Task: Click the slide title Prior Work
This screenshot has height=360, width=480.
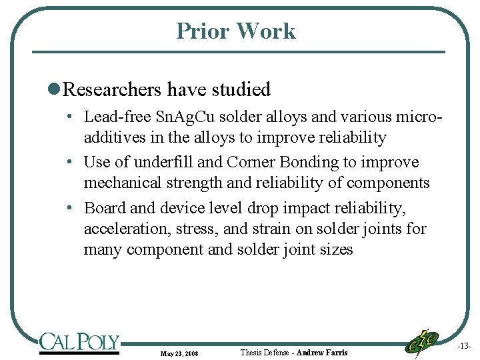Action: pos(236,31)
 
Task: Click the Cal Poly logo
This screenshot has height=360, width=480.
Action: pos(79,342)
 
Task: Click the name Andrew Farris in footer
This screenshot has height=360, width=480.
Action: pos(322,352)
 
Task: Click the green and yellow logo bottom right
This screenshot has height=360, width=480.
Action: pos(422,341)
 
